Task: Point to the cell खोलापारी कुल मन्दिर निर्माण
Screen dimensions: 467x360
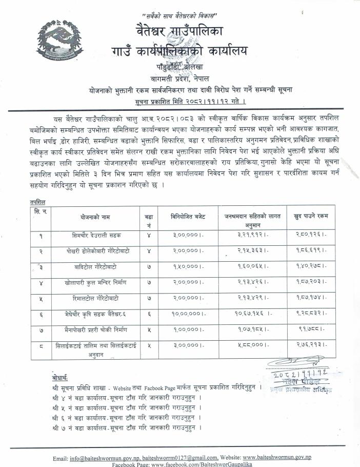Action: [96, 283]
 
